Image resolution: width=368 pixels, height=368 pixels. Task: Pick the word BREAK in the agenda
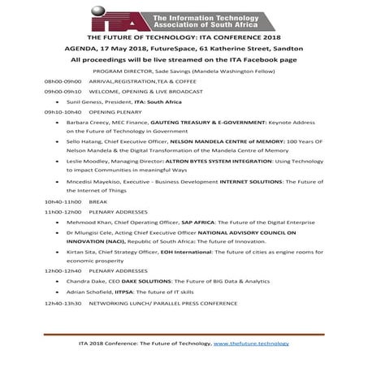click(x=99, y=201)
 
